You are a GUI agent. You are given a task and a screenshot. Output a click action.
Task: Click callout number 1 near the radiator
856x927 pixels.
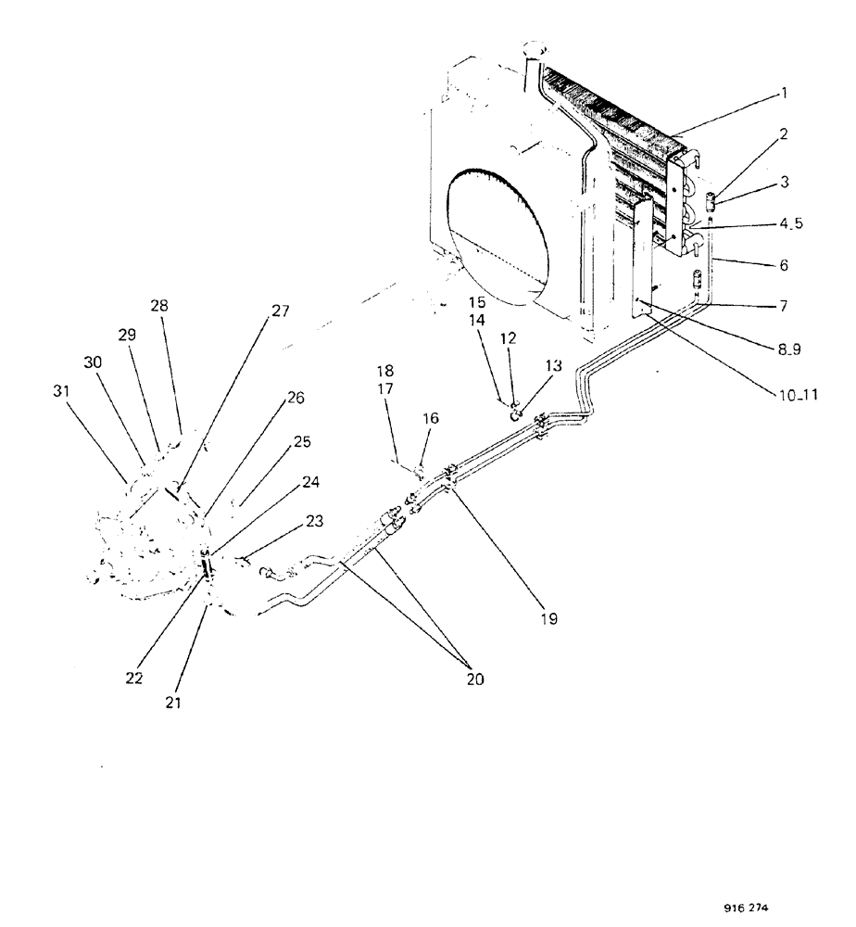(783, 93)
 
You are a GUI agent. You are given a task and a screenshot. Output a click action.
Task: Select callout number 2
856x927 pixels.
(783, 133)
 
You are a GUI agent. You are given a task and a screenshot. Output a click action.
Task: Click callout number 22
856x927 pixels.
(135, 678)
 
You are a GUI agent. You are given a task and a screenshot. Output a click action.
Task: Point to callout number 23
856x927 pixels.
(314, 521)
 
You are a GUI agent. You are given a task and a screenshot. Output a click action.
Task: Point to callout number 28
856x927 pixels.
(159, 307)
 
